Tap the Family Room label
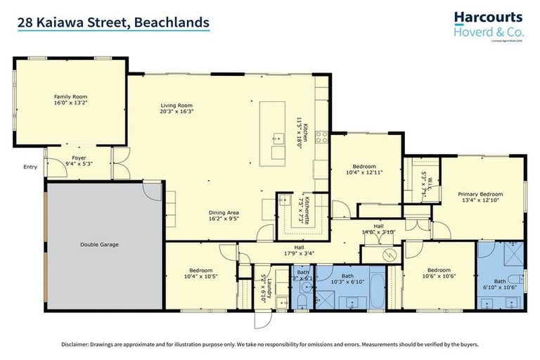70,96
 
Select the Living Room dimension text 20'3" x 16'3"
176,111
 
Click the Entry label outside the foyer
30,167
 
